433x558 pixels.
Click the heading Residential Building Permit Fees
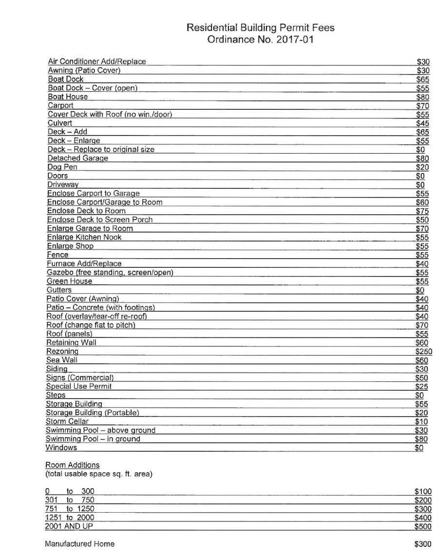(260, 28)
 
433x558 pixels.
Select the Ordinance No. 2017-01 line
(260, 40)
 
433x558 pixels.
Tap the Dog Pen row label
(62, 167)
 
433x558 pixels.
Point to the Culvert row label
(60, 123)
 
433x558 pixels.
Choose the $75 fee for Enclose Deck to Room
(422, 211)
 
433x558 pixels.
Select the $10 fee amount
(422, 421)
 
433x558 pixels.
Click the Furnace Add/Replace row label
(84, 263)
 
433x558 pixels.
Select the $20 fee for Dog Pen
(422, 167)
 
